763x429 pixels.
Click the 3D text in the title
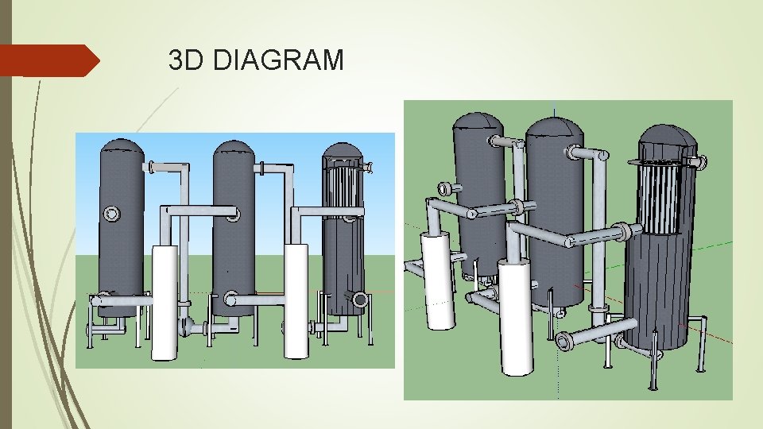188,60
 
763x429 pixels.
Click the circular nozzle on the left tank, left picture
111,214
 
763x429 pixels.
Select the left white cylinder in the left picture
165,302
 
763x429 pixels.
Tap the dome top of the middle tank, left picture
234,150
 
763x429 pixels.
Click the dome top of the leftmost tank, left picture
121,149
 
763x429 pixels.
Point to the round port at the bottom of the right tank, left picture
360,300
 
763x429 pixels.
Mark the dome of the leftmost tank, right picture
477,121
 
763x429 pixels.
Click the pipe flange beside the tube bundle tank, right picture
702,163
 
